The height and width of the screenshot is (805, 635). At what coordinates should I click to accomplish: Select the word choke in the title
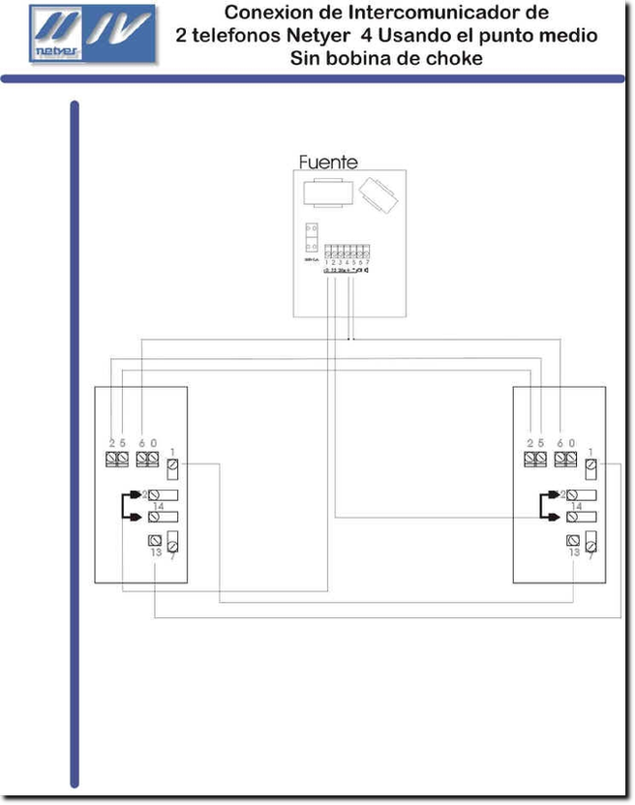tap(455, 59)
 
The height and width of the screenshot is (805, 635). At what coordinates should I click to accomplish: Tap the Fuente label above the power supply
tap(328, 163)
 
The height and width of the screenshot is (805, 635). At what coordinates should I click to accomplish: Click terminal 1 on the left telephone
tap(172, 467)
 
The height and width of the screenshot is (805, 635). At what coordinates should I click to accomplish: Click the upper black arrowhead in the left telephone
tap(137, 493)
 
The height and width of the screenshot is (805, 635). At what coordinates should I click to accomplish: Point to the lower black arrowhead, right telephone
tap(554, 516)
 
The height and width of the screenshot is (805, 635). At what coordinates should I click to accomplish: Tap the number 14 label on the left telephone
tap(157, 506)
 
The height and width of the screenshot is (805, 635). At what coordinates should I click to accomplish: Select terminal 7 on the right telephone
tap(591, 542)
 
